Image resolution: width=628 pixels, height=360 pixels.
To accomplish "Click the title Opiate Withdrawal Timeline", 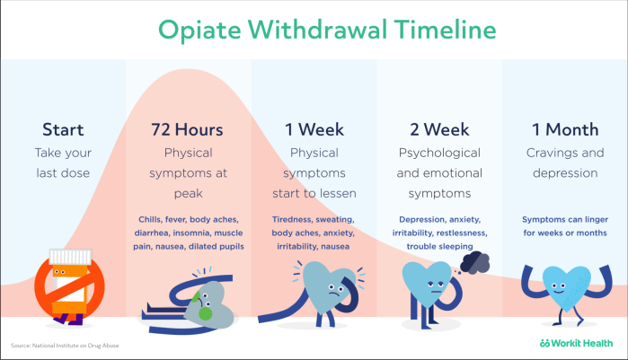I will point(314,29).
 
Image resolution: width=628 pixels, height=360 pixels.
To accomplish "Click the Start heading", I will point(63,130).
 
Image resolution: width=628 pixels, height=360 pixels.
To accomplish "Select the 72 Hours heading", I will point(188,130).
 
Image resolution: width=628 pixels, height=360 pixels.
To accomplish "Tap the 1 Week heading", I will point(314,130).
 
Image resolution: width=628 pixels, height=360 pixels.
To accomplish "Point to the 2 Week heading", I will point(439,130).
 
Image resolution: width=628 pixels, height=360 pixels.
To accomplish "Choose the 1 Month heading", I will point(565,130).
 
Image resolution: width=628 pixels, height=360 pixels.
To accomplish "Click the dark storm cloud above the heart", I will point(473,260).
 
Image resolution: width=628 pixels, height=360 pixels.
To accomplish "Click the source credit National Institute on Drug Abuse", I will point(65,346).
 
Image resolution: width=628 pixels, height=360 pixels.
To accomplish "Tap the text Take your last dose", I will point(63,162).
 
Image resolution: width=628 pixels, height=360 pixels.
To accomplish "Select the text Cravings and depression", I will point(565,162).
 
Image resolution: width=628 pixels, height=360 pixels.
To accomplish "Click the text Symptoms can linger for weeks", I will point(565,225).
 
